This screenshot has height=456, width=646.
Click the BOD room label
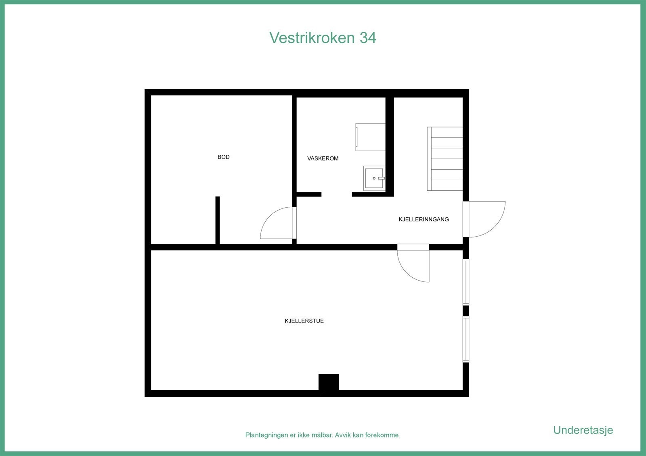223,157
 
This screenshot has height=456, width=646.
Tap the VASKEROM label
323,158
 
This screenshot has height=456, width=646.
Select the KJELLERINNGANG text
424,219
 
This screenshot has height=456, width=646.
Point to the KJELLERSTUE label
304,321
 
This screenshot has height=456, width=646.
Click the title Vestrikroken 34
323,37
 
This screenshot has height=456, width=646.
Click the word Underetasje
583,430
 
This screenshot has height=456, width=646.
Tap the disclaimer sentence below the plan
323,435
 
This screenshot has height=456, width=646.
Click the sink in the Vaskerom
374,178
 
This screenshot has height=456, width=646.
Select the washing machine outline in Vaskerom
370,137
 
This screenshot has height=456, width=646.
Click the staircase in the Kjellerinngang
445,158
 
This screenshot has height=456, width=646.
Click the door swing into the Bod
277,224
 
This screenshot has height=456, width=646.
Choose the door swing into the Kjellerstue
413,265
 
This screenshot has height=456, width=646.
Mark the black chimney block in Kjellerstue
329,382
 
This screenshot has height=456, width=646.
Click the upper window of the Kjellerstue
466,282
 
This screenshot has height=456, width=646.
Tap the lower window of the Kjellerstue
466,339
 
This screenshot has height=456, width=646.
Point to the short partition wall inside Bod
217,220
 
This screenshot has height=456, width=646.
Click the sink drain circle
374,178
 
